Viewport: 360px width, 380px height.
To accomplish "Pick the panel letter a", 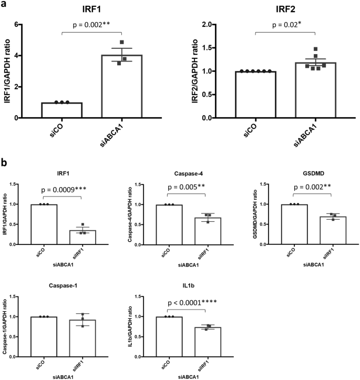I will [x=5, y=6].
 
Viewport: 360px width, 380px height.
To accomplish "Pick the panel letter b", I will [x=5, y=163].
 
